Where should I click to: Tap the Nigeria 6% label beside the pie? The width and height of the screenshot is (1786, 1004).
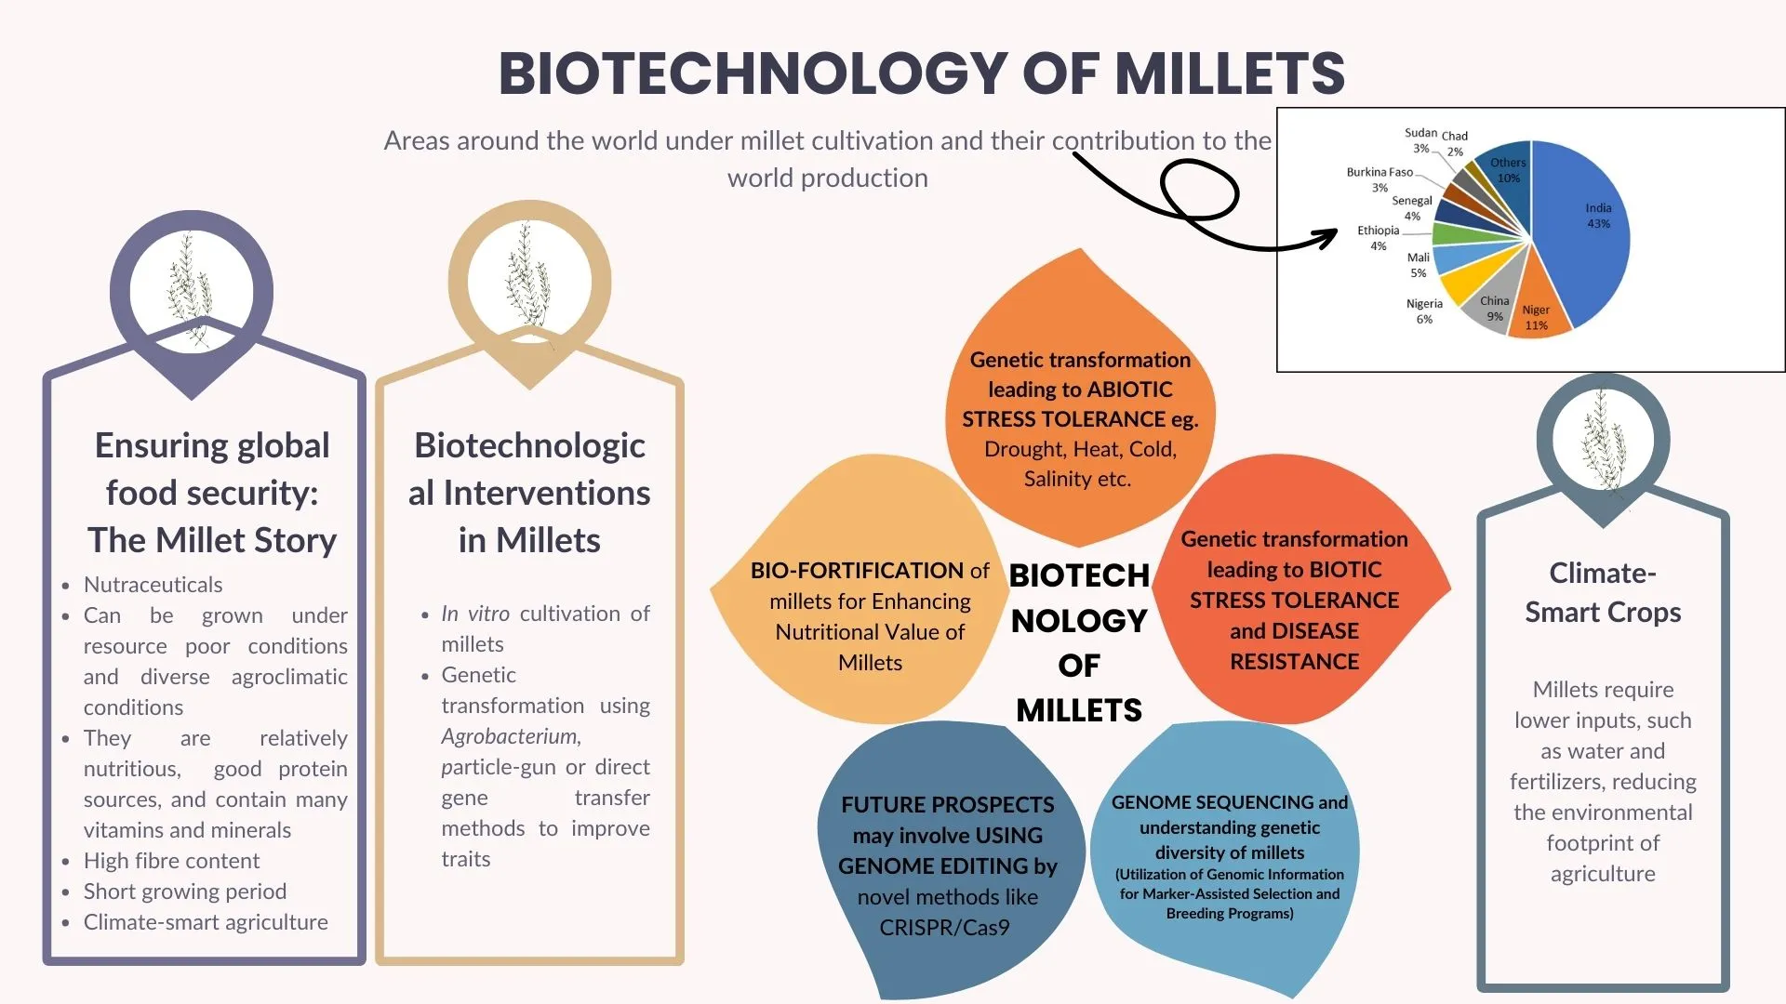pos(1424,310)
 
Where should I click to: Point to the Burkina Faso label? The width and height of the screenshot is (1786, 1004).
pos(1379,178)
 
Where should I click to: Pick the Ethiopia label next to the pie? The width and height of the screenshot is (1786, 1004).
pos(1378,237)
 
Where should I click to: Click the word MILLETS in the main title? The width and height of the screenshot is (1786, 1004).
pos(1230,73)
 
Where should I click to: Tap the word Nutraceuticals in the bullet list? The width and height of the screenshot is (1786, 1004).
pos(153,585)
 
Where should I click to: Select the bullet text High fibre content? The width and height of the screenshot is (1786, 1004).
pos(171,861)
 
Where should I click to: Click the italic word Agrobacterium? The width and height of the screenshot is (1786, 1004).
pos(511,736)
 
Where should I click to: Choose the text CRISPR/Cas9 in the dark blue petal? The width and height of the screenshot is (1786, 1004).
pos(944,928)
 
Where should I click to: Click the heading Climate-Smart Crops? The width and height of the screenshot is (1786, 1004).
pos(1603,592)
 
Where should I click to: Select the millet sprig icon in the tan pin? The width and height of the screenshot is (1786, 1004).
pos(528,279)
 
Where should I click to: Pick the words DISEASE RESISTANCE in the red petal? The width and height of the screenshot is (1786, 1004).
pos(1294,647)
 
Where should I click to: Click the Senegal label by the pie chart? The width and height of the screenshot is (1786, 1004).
pos(1411,207)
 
